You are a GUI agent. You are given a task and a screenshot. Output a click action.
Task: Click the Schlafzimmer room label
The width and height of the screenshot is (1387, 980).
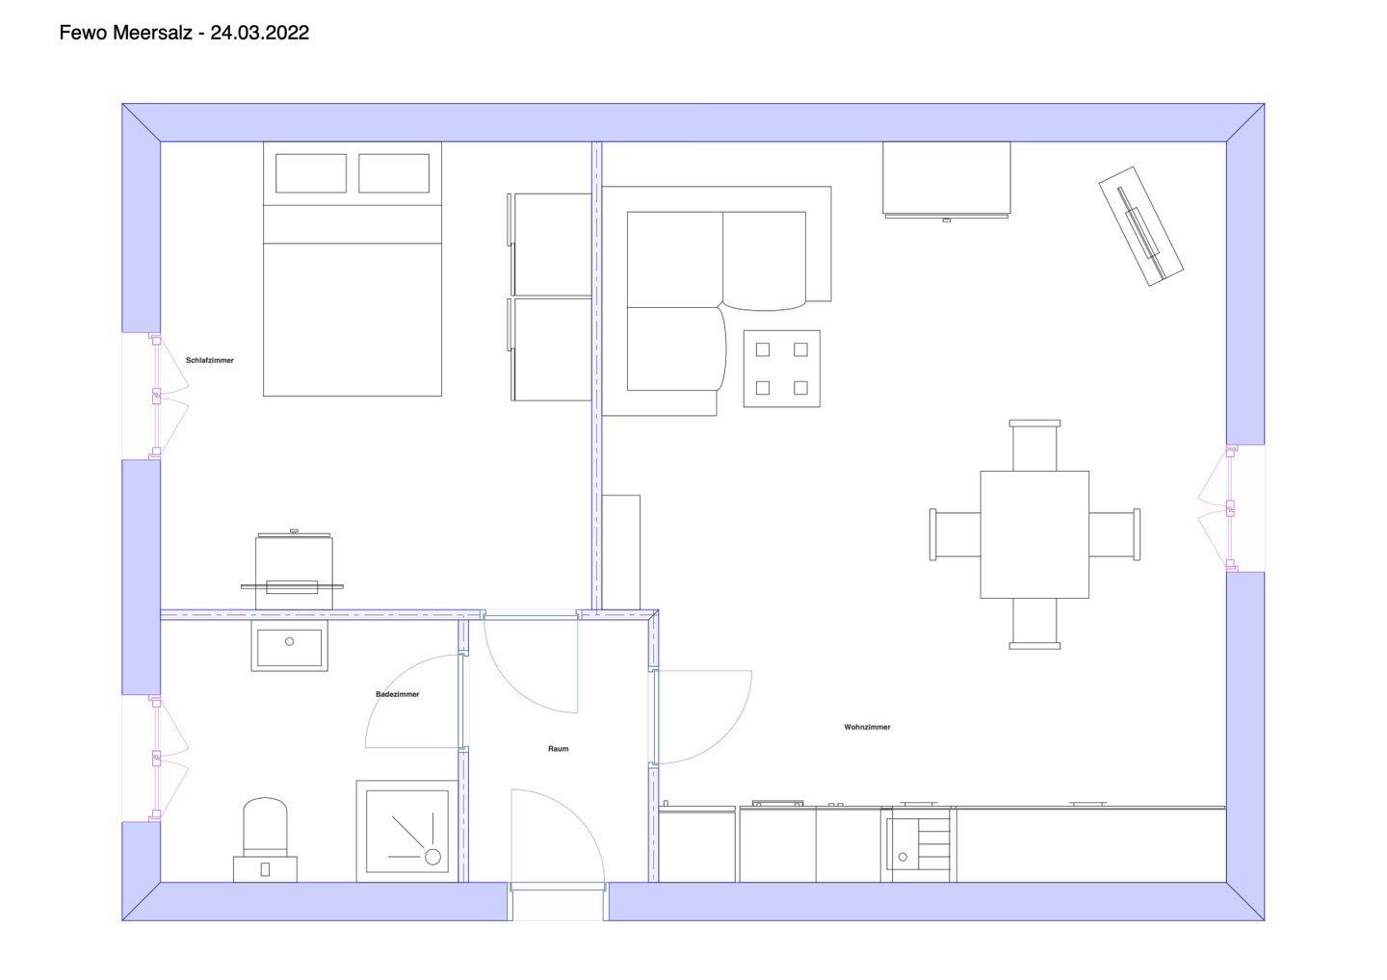tap(210, 361)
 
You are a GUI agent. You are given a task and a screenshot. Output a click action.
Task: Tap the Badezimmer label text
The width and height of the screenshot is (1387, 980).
tap(398, 694)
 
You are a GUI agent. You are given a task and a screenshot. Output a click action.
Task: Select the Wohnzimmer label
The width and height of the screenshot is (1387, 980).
tap(867, 727)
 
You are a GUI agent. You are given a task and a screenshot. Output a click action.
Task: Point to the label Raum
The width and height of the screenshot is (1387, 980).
tap(558, 749)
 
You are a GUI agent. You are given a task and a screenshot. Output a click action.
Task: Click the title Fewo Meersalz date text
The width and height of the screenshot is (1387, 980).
tap(185, 33)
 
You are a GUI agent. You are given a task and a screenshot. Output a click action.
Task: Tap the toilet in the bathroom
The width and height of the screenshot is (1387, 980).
tap(265, 839)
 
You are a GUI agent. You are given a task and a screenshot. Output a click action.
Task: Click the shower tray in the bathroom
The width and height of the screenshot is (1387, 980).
tap(406, 831)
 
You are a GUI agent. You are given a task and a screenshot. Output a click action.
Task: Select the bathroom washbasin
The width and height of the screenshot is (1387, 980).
tap(290, 646)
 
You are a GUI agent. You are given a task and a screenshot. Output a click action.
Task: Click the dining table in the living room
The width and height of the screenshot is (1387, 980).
tap(1034, 534)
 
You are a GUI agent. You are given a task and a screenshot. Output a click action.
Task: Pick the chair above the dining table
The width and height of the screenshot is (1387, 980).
tap(1034, 446)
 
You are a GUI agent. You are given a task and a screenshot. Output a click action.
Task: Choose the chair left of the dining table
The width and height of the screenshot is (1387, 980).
tap(955, 534)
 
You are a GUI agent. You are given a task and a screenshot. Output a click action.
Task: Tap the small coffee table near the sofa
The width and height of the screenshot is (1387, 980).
tap(782, 369)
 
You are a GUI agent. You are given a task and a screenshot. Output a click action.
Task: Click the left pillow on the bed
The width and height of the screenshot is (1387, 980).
tap(311, 173)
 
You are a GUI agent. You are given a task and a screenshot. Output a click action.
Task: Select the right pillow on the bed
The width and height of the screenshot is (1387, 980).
tap(394, 173)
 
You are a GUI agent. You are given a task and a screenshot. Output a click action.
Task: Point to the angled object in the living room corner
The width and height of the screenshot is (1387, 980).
tap(1140, 226)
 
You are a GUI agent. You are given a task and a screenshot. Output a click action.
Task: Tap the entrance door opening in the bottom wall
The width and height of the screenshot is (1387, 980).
tap(558, 901)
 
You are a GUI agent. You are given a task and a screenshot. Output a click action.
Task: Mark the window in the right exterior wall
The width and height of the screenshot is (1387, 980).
tap(1231, 508)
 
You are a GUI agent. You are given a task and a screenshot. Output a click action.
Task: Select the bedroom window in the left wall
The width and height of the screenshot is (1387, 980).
tap(155, 396)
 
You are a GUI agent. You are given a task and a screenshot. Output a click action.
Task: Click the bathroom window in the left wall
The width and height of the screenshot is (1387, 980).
tap(155, 758)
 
